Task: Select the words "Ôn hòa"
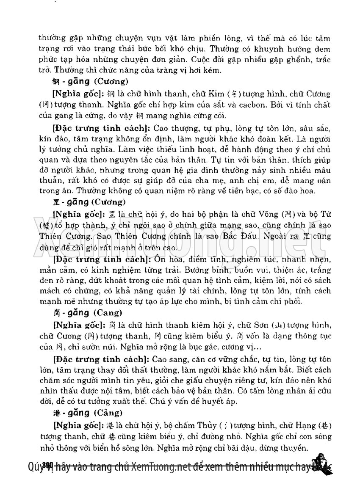[x=167, y=258]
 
